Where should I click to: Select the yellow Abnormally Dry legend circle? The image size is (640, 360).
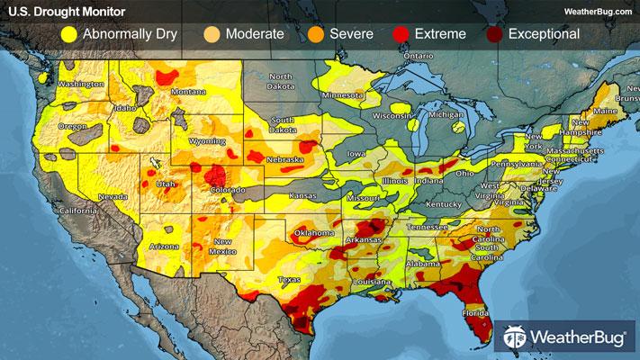[x=68, y=35]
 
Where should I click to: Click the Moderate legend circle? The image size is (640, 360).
[x=212, y=35]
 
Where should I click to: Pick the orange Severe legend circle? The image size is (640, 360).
[x=316, y=35]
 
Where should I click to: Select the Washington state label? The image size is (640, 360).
[x=82, y=85]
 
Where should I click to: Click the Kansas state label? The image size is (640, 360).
[x=302, y=194]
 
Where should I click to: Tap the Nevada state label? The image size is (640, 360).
[x=113, y=195]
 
